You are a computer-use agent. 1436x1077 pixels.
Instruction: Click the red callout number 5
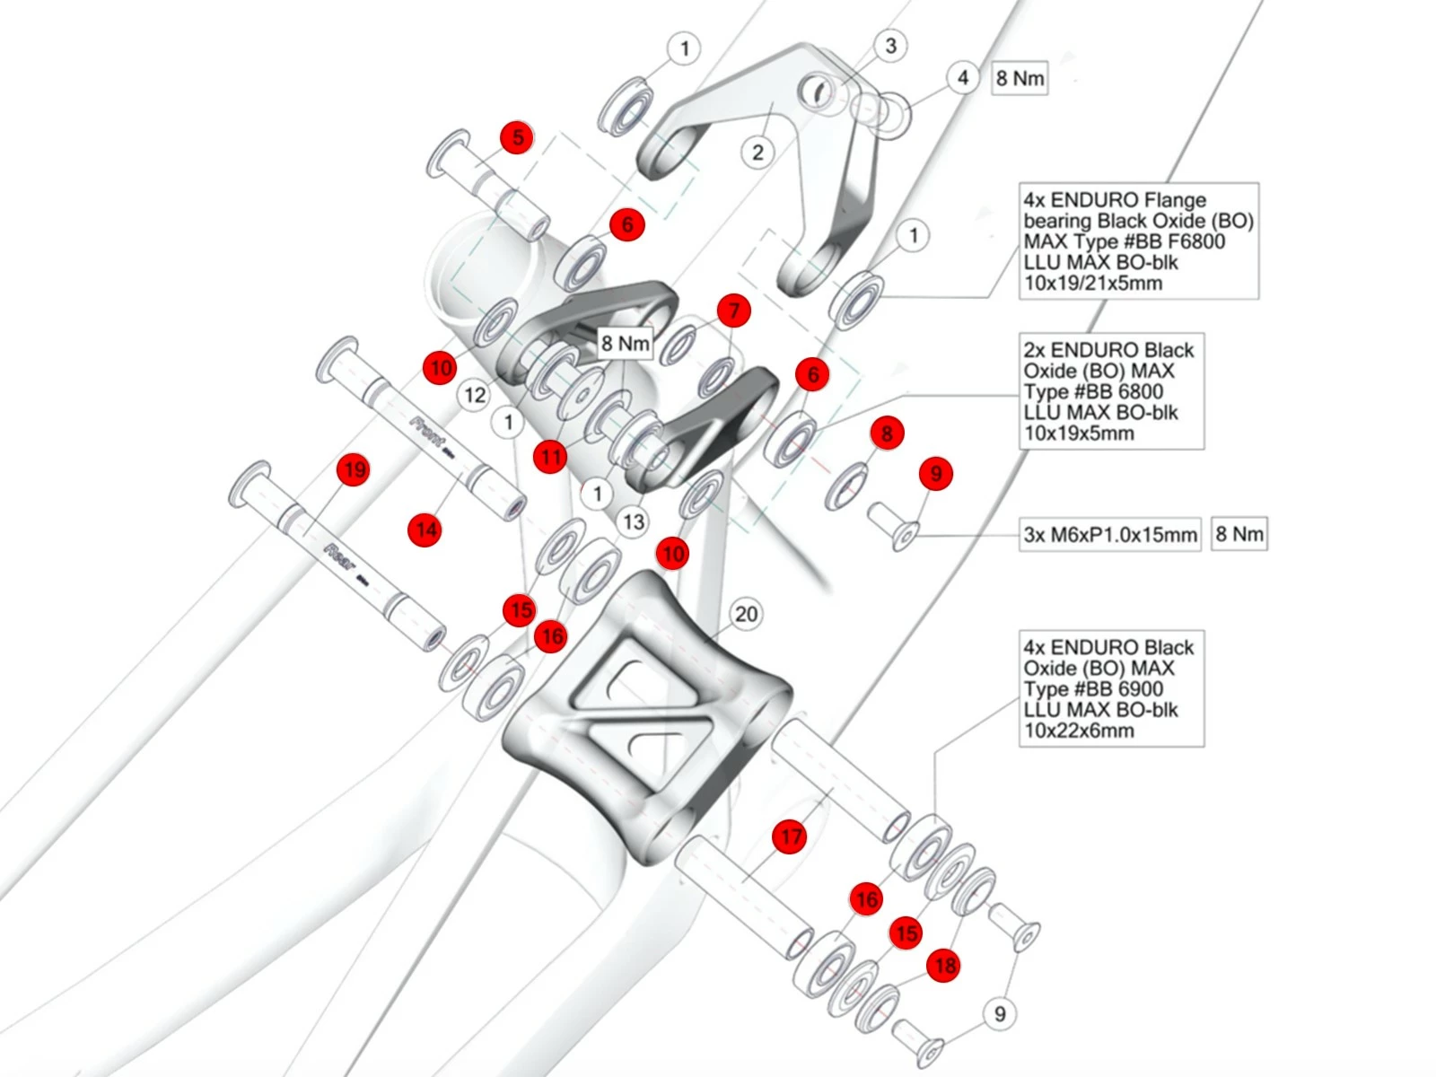(x=517, y=137)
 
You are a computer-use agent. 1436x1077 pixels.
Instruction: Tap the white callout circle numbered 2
(x=757, y=153)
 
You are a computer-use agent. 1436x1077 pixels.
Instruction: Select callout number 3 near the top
(x=889, y=46)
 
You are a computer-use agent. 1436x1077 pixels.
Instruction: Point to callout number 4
(x=962, y=78)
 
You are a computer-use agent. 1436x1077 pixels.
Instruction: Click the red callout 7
(x=734, y=311)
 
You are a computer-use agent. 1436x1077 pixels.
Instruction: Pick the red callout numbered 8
(x=887, y=433)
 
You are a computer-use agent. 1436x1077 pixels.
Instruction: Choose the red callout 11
(x=550, y=457)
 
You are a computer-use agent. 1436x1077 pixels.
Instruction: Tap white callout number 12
(x=475, y=395)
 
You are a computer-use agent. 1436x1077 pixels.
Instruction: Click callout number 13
(x=634, y=521)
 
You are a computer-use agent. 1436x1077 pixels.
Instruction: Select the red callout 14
(x=425, y=530)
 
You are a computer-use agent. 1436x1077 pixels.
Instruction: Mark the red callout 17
(x=790, y=837)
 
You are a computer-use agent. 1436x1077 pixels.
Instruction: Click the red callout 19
(x=355, y=469)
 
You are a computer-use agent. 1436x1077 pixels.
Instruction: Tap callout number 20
(x=746, y=615)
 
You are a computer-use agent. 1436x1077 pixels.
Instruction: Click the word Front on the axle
(x=427, y=433)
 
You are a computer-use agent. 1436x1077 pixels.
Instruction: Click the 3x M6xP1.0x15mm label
(x=1110, y=535)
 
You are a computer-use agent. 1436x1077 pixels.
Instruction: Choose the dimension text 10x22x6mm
(x=1079, y=731)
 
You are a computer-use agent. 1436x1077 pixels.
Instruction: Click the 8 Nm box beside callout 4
(x=1020, y=79)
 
